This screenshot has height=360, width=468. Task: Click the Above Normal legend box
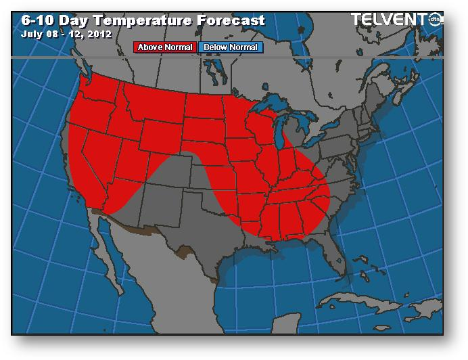click(x=166, y=47)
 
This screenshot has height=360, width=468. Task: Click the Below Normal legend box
click(x=230, y=47)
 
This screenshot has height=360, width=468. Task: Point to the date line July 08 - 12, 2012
click(x=67, y=32)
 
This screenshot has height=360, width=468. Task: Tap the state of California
click(x=88, y=166)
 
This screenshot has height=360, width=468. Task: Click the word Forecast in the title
click(x=232, y=20)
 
